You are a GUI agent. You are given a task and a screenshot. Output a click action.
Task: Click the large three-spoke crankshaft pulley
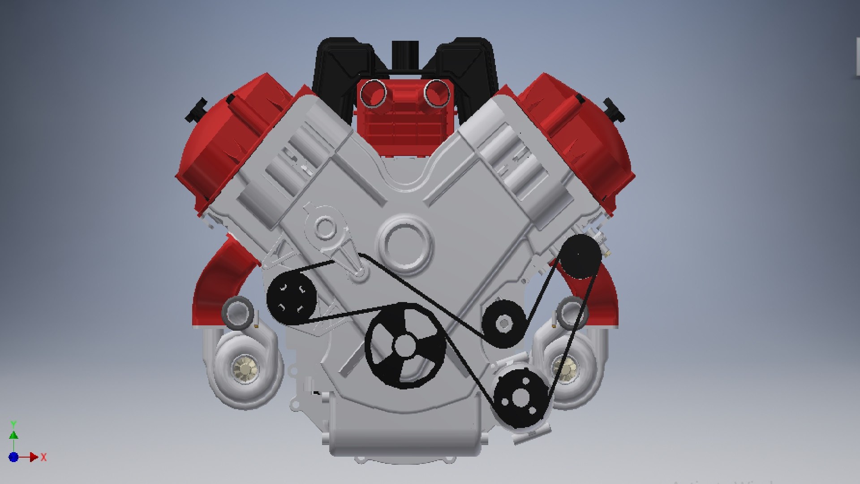click(x=405, y=346)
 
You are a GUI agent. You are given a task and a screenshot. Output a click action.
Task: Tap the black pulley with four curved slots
click(x=292, y=298)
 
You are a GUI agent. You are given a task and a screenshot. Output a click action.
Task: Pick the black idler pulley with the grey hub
click(x=504, y=323)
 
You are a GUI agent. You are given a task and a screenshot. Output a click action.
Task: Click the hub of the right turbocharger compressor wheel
click(x=565, y=367)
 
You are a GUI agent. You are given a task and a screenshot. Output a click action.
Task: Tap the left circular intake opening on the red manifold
click(x=373, y=93)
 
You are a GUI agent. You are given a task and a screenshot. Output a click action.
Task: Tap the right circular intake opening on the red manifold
click(x=437, y=93)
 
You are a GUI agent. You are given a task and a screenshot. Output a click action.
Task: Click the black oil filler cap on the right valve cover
click(x=614, y=110)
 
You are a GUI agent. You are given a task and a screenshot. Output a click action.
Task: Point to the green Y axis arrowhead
click(x=14, y=435)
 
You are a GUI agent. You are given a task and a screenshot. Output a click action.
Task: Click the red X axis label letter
click(x=43, y=458)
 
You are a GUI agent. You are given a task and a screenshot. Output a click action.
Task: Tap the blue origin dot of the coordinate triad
click(x=13, y=457)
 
